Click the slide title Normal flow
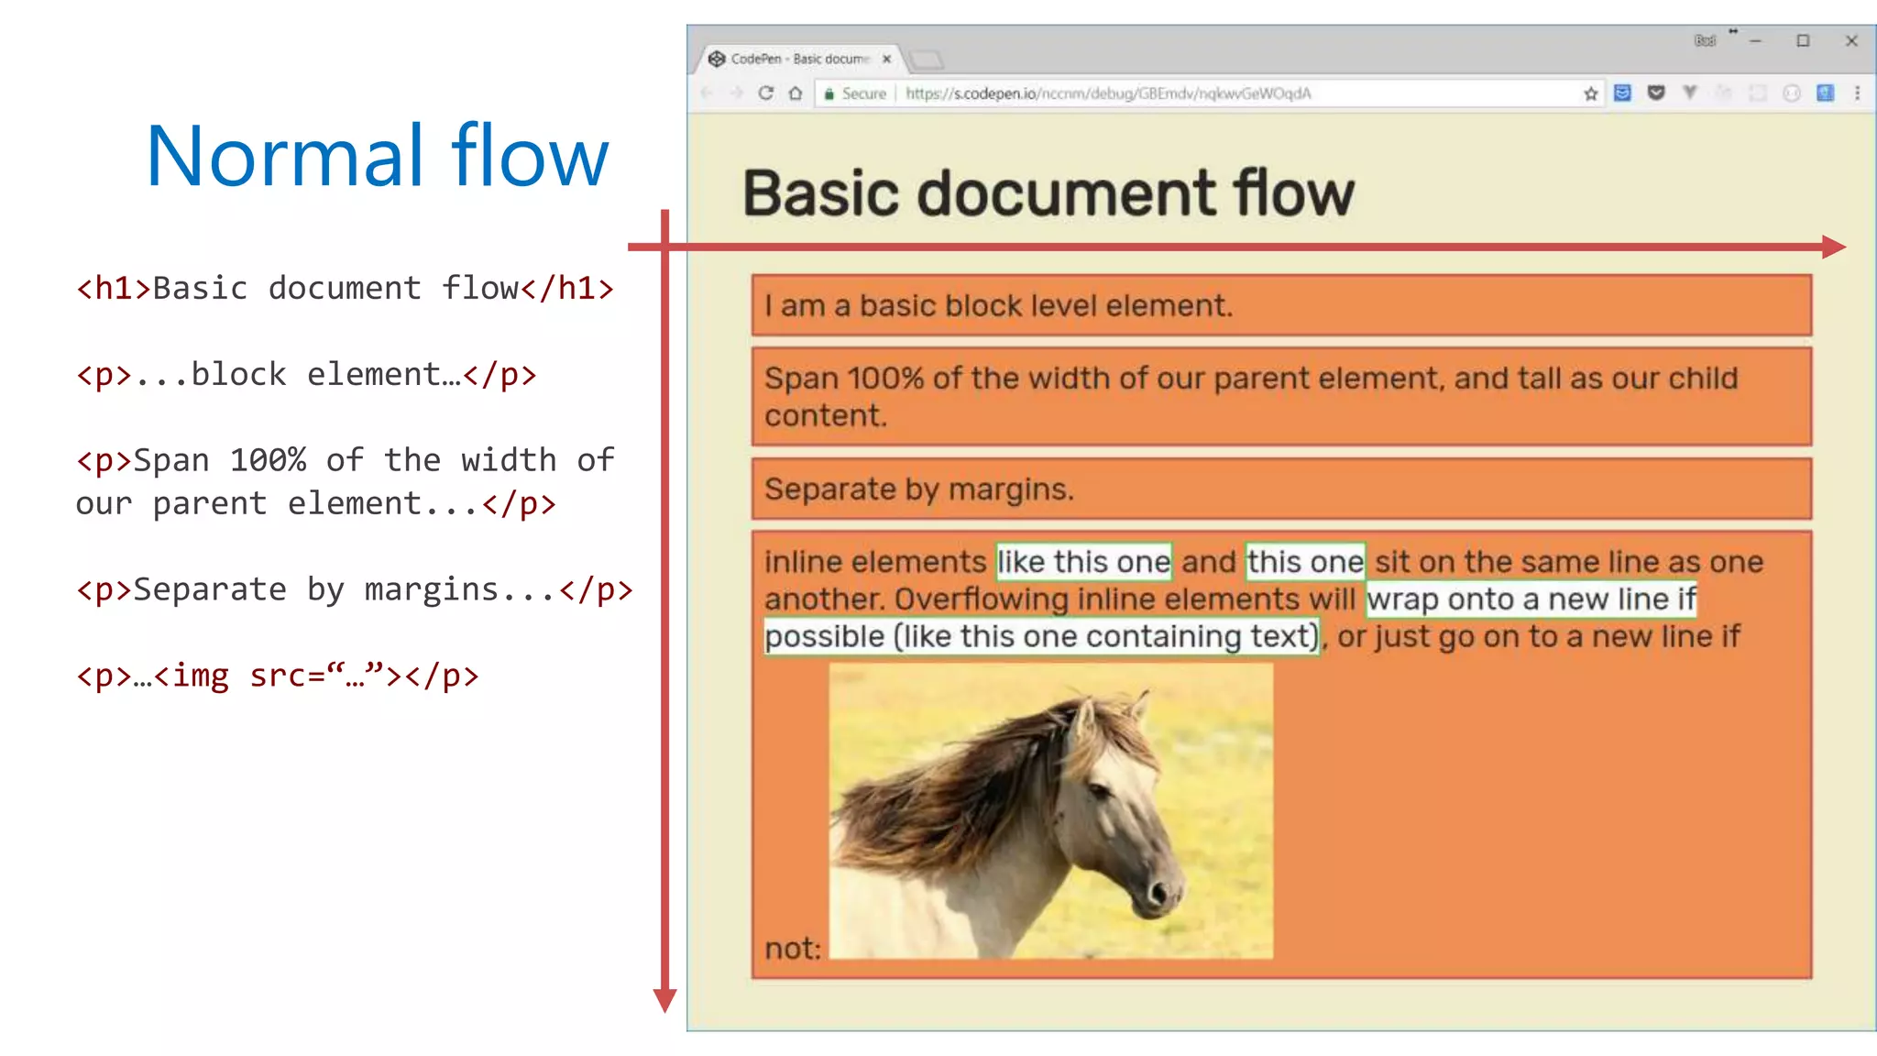377,156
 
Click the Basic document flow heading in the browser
1048,193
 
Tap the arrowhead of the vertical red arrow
664,1000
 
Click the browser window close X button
1850,41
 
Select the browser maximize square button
1802,41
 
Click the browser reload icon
766,93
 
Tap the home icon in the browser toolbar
796,93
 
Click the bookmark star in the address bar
1590,93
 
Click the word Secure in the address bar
863,93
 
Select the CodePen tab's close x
886,59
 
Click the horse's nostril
1158,891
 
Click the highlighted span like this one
1083,561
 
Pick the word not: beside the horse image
793,948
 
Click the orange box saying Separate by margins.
1280,489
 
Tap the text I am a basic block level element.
998,305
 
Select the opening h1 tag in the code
114,289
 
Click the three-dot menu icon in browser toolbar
1857,93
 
